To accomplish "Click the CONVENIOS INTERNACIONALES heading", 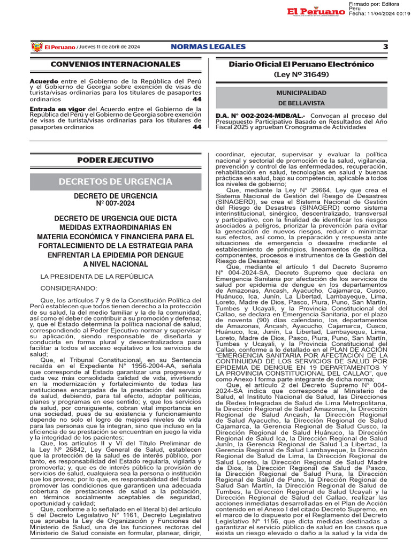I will tap(115, 64).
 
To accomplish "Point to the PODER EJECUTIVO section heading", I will tap(115, 160).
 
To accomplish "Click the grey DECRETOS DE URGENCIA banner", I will tap(116, 181).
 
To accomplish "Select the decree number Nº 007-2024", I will tap(116, 203).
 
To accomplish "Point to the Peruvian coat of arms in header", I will tap(36, 47).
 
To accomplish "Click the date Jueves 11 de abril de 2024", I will tap(110, 47).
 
